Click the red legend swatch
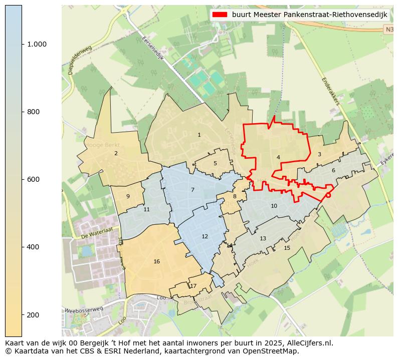[x=219, y=15]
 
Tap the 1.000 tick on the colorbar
[x=37, y=44]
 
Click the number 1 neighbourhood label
[x=199, y=135]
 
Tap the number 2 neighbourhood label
[x=116, y=153]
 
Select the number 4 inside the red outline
[x=278, y=157]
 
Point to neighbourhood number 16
[x=157, y=261]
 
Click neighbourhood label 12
[x=205, y=236]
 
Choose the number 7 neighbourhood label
[x=192, y=190]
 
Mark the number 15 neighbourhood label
[x=287, y=248]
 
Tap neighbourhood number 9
[x=128, y=196]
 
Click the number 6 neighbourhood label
[x=333, y=170]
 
